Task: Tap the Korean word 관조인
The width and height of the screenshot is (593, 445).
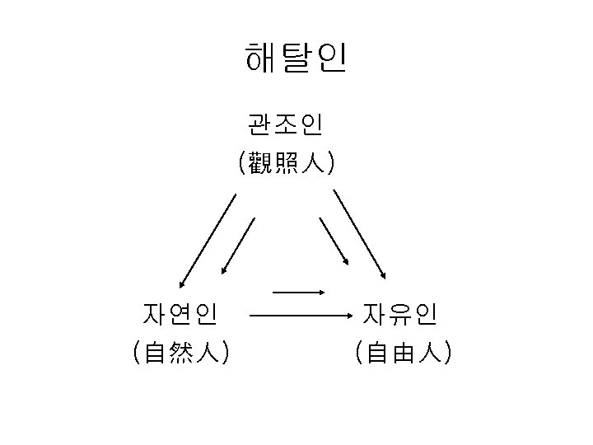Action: (285, 125)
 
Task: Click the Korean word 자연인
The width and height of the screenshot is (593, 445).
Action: (180, 314)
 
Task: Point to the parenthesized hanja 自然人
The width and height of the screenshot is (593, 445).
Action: (180, 353)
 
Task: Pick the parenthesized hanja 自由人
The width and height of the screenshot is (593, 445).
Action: (401, 353)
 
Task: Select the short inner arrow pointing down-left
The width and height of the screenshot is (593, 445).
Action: (238, 246)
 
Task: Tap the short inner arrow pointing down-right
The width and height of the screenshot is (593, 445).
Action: (334, 241)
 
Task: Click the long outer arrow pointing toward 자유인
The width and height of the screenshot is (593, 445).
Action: (359, 236)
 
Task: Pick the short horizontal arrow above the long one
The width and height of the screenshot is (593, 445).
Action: (298, 292)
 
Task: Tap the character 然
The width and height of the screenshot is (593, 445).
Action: (180, 353)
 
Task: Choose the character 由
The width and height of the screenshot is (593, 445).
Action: (401, 353)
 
